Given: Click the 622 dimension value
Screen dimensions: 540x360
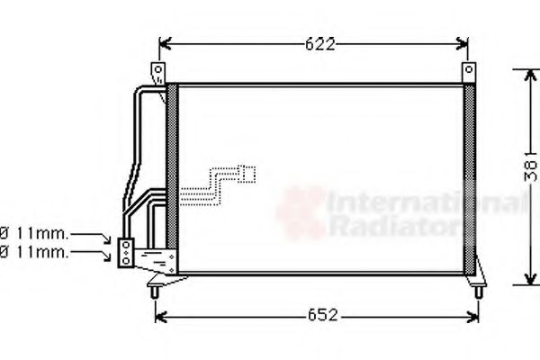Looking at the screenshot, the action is [319, 44].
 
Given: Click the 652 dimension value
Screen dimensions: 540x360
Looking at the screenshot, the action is [323, 314].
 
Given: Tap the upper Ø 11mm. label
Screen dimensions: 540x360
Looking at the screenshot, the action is [34, 234].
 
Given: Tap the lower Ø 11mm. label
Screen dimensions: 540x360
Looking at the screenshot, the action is [34, 253].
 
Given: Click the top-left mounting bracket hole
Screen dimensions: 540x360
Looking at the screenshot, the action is [158, 70].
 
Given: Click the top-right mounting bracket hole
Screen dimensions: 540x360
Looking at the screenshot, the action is [469, 69].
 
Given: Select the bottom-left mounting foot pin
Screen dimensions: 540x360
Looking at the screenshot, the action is [155, 292].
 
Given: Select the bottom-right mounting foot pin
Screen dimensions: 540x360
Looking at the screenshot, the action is [479, 292].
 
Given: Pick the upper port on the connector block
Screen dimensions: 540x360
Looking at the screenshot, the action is [126, 245].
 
